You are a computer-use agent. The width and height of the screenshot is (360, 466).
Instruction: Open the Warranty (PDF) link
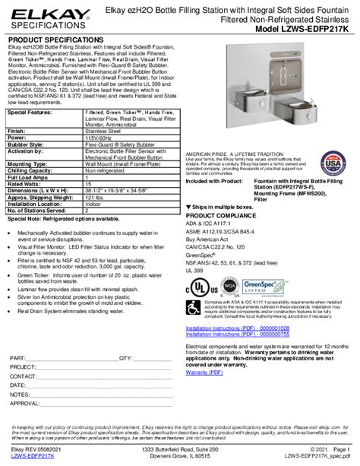coord(205,374)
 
